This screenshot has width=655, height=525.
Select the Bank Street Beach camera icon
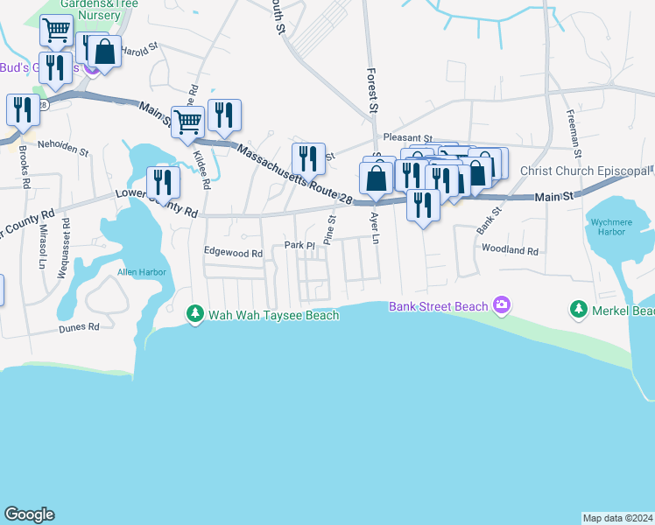tap(502, 305)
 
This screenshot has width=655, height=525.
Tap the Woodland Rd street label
tap(509, 250)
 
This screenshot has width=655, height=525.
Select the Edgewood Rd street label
tap(233, 254)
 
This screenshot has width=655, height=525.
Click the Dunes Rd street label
tap(79, 327)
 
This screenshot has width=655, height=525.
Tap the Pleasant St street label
tap(409, 138)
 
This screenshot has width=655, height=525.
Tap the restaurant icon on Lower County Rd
tap(162, 181)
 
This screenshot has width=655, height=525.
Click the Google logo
tap(29, 514)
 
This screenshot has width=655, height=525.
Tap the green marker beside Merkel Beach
tap(578, 309)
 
